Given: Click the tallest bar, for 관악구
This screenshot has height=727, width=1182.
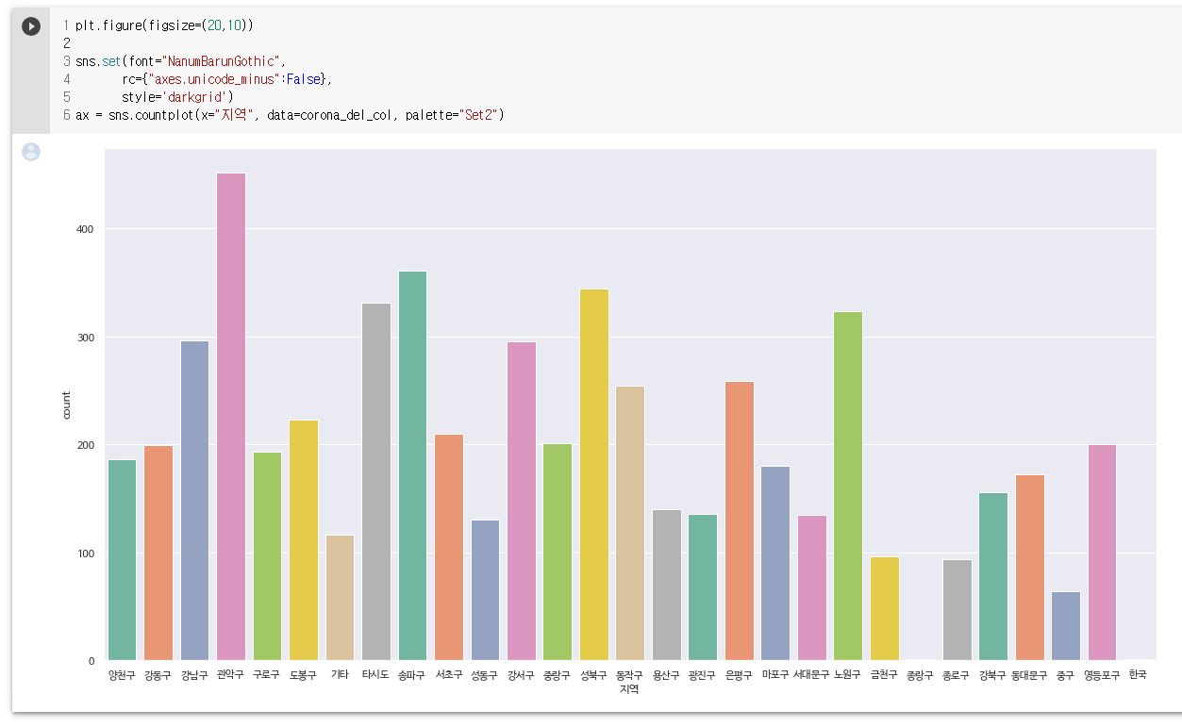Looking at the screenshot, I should click(231, 416).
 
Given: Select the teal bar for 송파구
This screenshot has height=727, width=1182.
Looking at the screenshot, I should click(412, 466).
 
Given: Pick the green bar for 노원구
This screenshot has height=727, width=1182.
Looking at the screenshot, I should click(847, 486).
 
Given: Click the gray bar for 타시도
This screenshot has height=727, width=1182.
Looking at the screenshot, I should click(376, 481).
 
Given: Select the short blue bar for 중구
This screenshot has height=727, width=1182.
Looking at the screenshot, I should click(1065, 626).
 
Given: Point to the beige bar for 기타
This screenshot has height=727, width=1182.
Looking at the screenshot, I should click(340, 598).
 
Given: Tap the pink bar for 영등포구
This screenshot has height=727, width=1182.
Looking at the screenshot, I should click(1101, 553).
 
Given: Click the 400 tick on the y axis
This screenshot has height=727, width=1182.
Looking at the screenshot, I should click(85, 229).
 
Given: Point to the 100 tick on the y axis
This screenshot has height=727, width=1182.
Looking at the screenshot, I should click(85, 554).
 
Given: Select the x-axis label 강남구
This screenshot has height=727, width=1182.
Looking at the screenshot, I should click(194, 675).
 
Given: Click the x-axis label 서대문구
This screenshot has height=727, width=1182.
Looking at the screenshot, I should click(809, 675).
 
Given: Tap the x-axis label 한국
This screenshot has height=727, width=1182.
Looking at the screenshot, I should click(1137, 675).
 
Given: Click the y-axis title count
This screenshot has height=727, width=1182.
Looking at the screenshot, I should click(66, 405).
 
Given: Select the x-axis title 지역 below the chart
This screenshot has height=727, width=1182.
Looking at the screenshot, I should click(629, 689).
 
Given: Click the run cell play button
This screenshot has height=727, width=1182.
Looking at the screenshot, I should click(31, 26).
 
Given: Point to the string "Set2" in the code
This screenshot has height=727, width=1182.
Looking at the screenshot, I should click(482, 115).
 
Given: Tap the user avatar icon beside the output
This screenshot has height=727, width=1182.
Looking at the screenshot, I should click(31, 152).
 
